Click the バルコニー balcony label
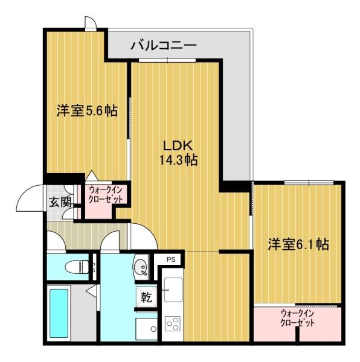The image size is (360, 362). [x=164, y=46]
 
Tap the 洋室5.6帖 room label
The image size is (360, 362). [x=87, y=110]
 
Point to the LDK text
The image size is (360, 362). [x=176, y=146]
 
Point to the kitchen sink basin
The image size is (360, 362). [x=172, y=290]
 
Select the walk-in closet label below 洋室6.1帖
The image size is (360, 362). [x=297, y=318]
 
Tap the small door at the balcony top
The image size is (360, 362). [x=90, y=24]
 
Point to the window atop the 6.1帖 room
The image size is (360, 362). [x=309, y=182]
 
